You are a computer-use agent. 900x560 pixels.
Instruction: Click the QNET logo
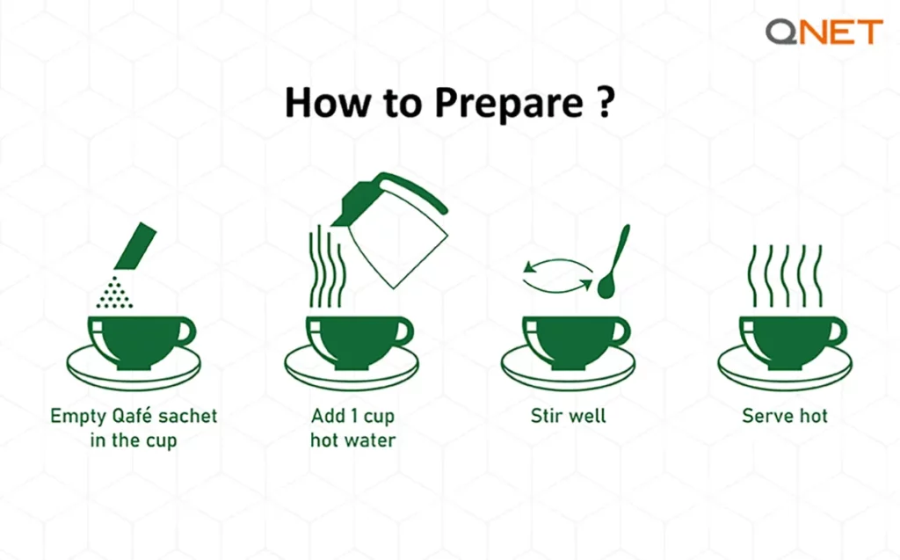(x=823, y=33)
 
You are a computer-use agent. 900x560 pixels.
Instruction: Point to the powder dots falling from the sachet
(x=112, y=290)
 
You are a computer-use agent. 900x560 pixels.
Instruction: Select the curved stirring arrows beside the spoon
(x=556, y=273)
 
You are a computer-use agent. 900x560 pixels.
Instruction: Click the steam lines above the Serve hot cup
(x=784, y=274)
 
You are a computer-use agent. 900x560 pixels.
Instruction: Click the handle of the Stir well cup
(x=620, y=331)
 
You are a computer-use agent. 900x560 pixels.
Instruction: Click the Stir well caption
(x=568, y=415)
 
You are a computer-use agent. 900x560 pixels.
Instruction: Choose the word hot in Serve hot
(x=809, y=415)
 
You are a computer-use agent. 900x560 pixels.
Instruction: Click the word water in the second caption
(x=371, y=440)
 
